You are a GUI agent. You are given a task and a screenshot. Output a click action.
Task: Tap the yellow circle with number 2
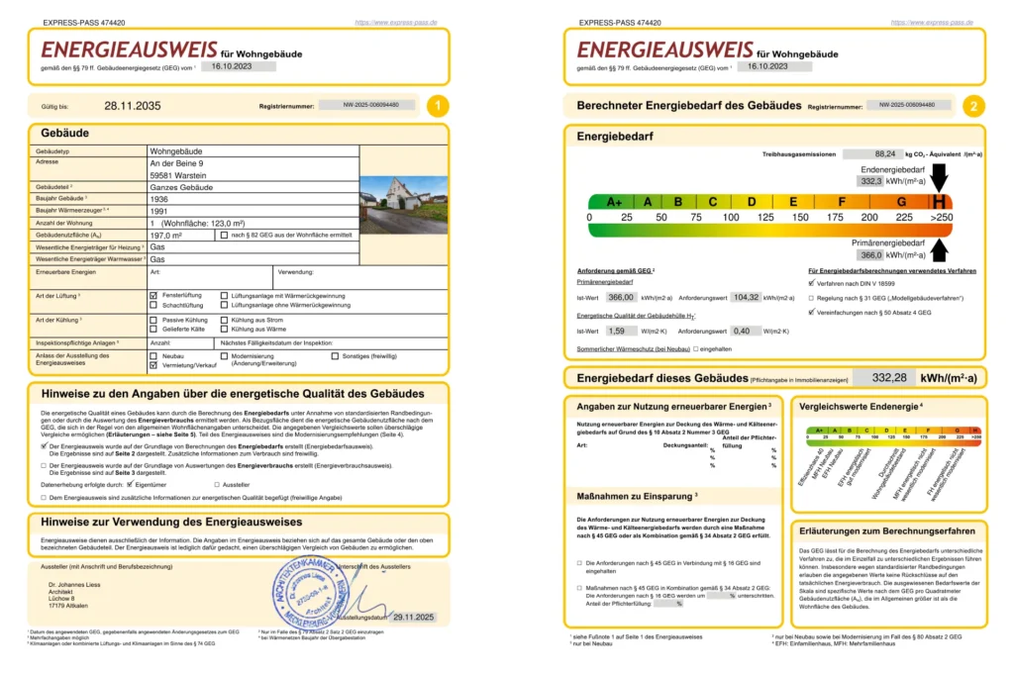[974, 105]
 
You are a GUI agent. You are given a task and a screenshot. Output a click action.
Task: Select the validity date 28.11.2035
[132, 105]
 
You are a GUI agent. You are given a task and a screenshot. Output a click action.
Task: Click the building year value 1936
[160, 198]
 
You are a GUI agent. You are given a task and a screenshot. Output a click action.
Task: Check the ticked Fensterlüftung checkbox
[153, 296]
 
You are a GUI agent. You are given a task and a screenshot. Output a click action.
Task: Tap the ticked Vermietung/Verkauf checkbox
[153, 365]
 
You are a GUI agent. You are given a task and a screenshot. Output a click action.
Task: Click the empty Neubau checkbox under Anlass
[153, 355]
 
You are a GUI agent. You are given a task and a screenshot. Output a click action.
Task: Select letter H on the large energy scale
[937, 201]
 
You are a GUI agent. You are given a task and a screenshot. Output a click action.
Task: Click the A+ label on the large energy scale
[614, 201]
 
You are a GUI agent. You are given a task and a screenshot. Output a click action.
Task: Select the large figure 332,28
[889, 377]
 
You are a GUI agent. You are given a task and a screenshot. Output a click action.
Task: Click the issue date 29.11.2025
[414, 617]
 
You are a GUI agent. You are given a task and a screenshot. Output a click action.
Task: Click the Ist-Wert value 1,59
[616, 331]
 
